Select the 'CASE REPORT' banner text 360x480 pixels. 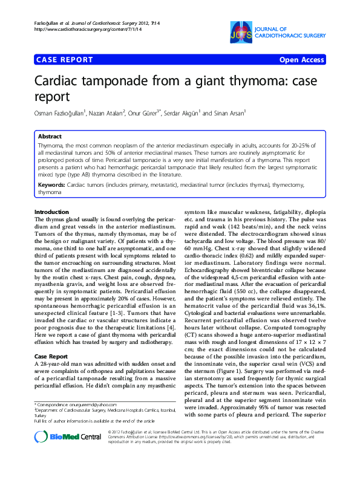tap(65, 60)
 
